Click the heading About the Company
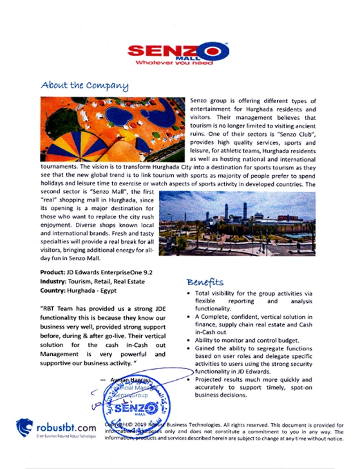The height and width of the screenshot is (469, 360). tap(84, 86)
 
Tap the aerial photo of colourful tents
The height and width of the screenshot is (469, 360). tap(113, 129)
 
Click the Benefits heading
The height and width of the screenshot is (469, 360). tap(205, 282)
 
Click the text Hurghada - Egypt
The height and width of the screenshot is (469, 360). tap(96, 290)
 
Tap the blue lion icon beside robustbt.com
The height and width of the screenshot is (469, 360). tap(24, 427)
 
